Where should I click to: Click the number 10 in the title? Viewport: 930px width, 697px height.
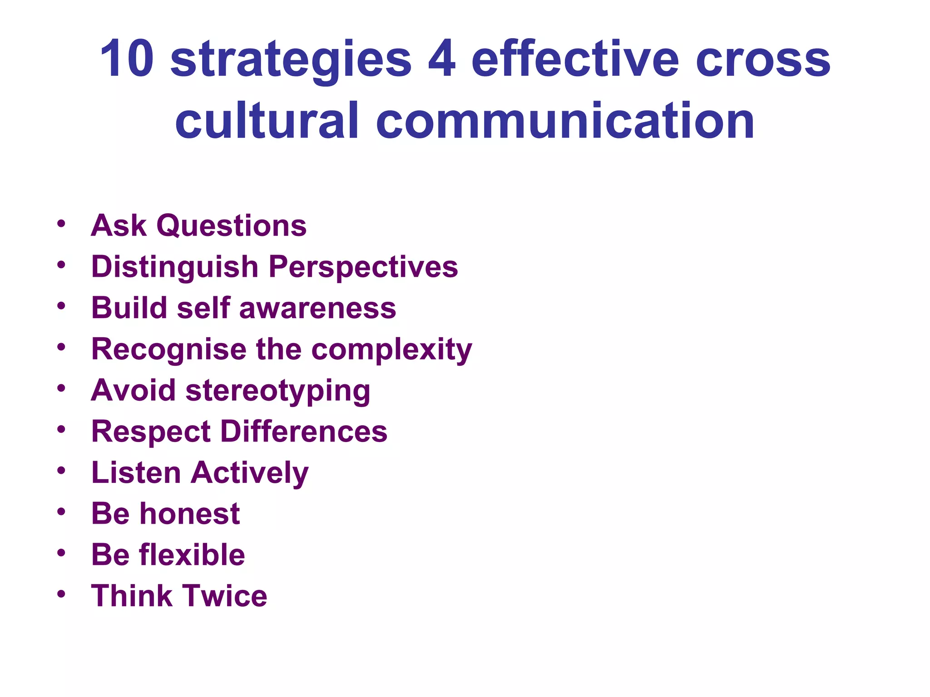tap(127, 59)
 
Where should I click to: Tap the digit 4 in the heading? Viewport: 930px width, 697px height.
tap(441, 59)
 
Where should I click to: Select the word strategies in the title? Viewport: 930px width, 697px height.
tap(291, 61)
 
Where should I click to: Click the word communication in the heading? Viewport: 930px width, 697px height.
tap(565, 120)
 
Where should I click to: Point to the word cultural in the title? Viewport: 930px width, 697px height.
tap(267, 120)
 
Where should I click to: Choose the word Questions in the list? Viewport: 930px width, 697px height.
tap(232, 226)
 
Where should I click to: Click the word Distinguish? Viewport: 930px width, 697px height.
tap(175, 267)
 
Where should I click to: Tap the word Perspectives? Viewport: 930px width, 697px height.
tap(363, 267)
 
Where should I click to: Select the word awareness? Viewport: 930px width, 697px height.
tap(317, 308)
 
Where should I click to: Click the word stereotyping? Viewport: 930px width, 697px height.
tap(278, 391)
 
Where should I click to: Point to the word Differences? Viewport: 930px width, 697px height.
tap(304, 432)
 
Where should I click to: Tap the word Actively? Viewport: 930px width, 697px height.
tap(250, 473)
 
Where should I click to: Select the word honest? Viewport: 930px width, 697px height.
tap(189, 514)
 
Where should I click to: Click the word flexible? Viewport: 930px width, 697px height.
tap(192, 555)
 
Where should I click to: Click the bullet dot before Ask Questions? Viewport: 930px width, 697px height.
tap(61, 223)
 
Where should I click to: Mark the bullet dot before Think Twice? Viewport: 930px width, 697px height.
tap(61, 594)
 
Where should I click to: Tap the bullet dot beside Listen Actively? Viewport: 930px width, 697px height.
tap(61, 470)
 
